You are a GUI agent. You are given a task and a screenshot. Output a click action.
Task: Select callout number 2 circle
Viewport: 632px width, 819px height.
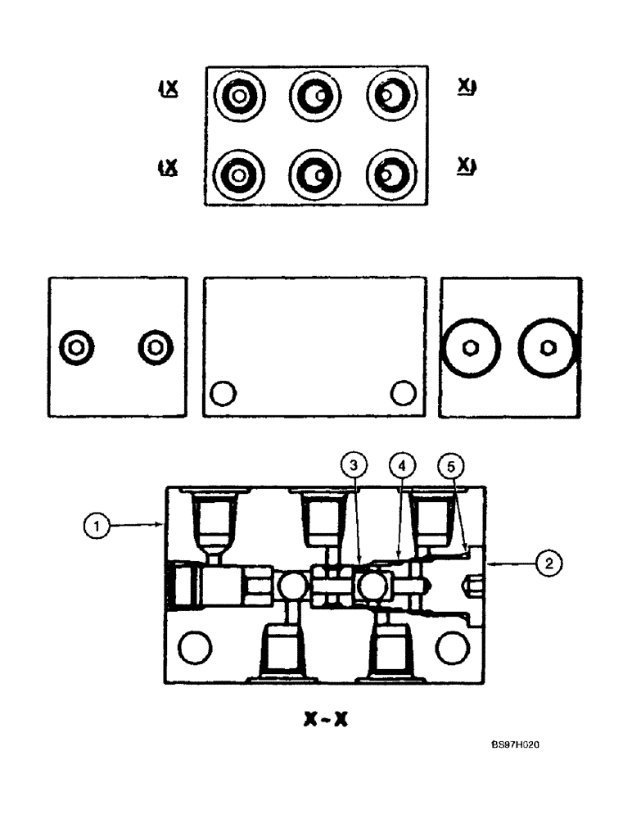point(547,562)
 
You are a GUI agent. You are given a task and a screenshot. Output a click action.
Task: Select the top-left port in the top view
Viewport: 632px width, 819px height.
point(237,97)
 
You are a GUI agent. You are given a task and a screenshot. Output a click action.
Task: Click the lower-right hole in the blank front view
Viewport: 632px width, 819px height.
point(402,394)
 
